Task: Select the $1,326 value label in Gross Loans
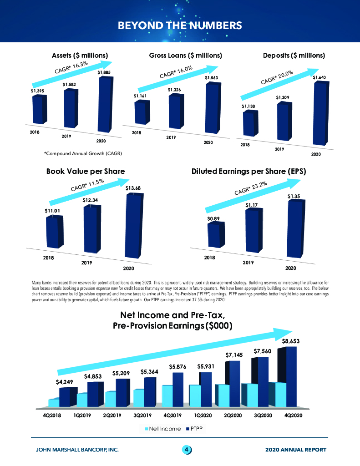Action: (x=174, y=90)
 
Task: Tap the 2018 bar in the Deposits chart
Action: (x=249, y=123)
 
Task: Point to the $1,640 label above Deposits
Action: (x=319, y=77)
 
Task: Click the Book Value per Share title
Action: (x=85, y=172)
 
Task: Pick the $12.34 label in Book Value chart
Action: (x=90, y=200)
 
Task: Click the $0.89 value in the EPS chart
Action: (x=213, y=218)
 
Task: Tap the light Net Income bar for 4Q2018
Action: (x=54, y=402)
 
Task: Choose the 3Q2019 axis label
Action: (x=145, y=415)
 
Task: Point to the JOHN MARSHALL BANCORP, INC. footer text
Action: (x=77, y=450)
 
